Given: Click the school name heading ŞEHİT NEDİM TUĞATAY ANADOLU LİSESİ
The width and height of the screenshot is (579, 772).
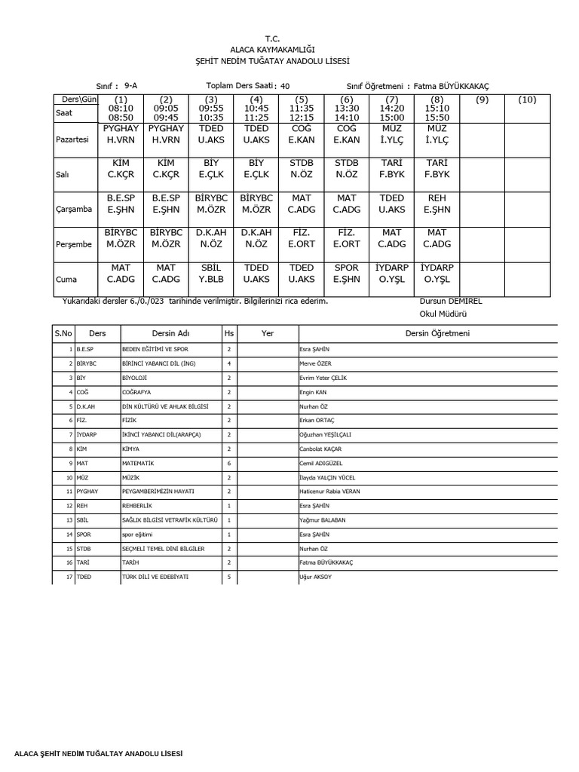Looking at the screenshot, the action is click(271, 60).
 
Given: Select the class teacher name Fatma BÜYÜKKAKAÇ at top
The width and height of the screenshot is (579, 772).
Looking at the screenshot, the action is click(456, 87).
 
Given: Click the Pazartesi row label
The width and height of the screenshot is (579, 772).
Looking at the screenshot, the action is click(73, 139).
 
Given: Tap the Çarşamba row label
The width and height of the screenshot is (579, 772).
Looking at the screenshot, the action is click(74, 210).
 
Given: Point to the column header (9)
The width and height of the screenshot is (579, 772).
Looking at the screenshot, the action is click(482, 100).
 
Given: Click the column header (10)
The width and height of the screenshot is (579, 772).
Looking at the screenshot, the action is click(528, 100).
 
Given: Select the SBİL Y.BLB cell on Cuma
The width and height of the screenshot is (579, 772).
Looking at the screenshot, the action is click(211, 273).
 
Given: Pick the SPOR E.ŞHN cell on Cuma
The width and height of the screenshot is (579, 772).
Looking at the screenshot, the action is click(347, 273).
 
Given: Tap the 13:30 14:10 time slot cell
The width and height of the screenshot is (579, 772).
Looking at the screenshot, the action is click(347, 112).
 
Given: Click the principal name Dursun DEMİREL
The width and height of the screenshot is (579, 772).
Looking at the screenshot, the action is click(451, 301).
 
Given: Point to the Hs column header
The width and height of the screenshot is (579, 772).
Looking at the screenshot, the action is click(228, 333).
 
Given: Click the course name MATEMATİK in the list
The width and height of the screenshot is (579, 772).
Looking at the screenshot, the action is click(138, 464).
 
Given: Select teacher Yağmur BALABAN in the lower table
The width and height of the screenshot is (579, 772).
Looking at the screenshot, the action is click(326, 521).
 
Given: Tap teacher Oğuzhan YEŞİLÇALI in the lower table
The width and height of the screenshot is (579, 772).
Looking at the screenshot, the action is click(326, 435).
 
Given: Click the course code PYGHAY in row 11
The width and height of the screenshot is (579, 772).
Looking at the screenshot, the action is click(87, 492).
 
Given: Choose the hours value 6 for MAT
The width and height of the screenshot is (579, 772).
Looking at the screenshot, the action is click(228, 464).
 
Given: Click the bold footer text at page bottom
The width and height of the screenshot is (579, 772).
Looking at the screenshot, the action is click(93, 754).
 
